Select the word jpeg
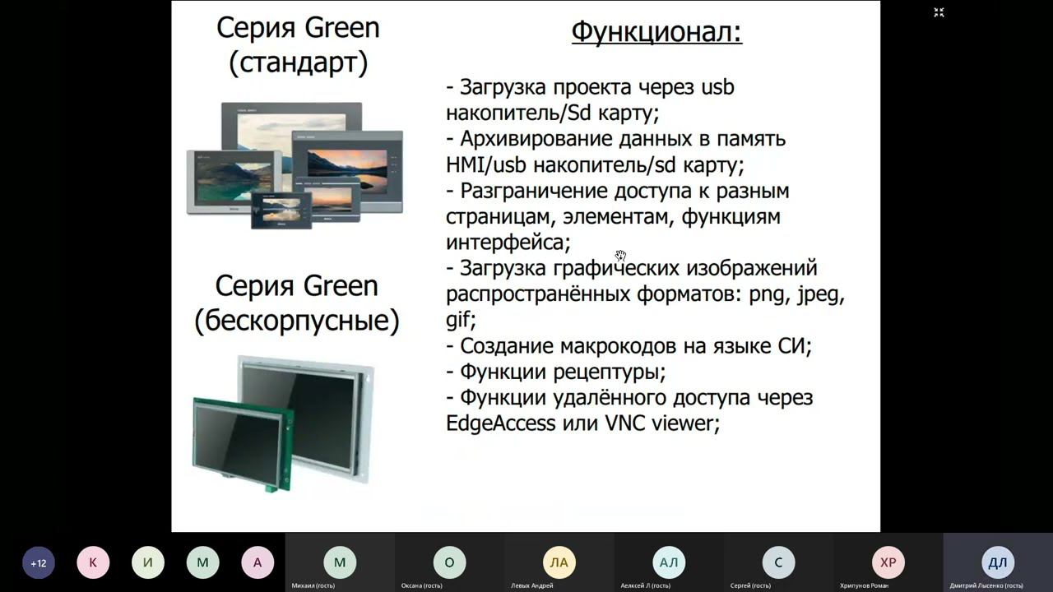tap(819, 294)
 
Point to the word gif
tap(459, 319)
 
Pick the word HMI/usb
tap(485, 164)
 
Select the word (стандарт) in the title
tap(298, 63)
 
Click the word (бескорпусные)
tap(297, 321)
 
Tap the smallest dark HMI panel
tap(281, 210)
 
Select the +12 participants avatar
tap(38, 563)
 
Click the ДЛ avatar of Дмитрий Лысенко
tap(997, 562)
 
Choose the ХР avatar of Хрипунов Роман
tap(888, 562)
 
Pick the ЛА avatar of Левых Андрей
tap(559, 562)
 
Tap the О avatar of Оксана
tap(449, 562)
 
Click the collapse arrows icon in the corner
tap(939, 12)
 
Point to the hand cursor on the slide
tap(620, 256)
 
